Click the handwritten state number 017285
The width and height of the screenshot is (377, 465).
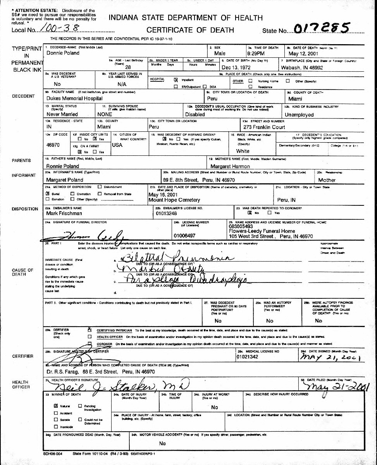[322, 28]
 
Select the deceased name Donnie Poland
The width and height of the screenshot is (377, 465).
[63, 53]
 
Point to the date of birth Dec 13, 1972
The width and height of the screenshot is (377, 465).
[237, 67]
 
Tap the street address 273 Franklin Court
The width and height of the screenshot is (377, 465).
[263, 127]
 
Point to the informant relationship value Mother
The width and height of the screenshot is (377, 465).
[327, 180]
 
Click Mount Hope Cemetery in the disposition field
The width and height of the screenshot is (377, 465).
[174, 200]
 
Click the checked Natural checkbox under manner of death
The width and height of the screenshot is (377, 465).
[56, 406]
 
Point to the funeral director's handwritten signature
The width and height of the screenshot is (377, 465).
[86, 234]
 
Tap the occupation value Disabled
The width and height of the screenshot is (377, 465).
[195, 115]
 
